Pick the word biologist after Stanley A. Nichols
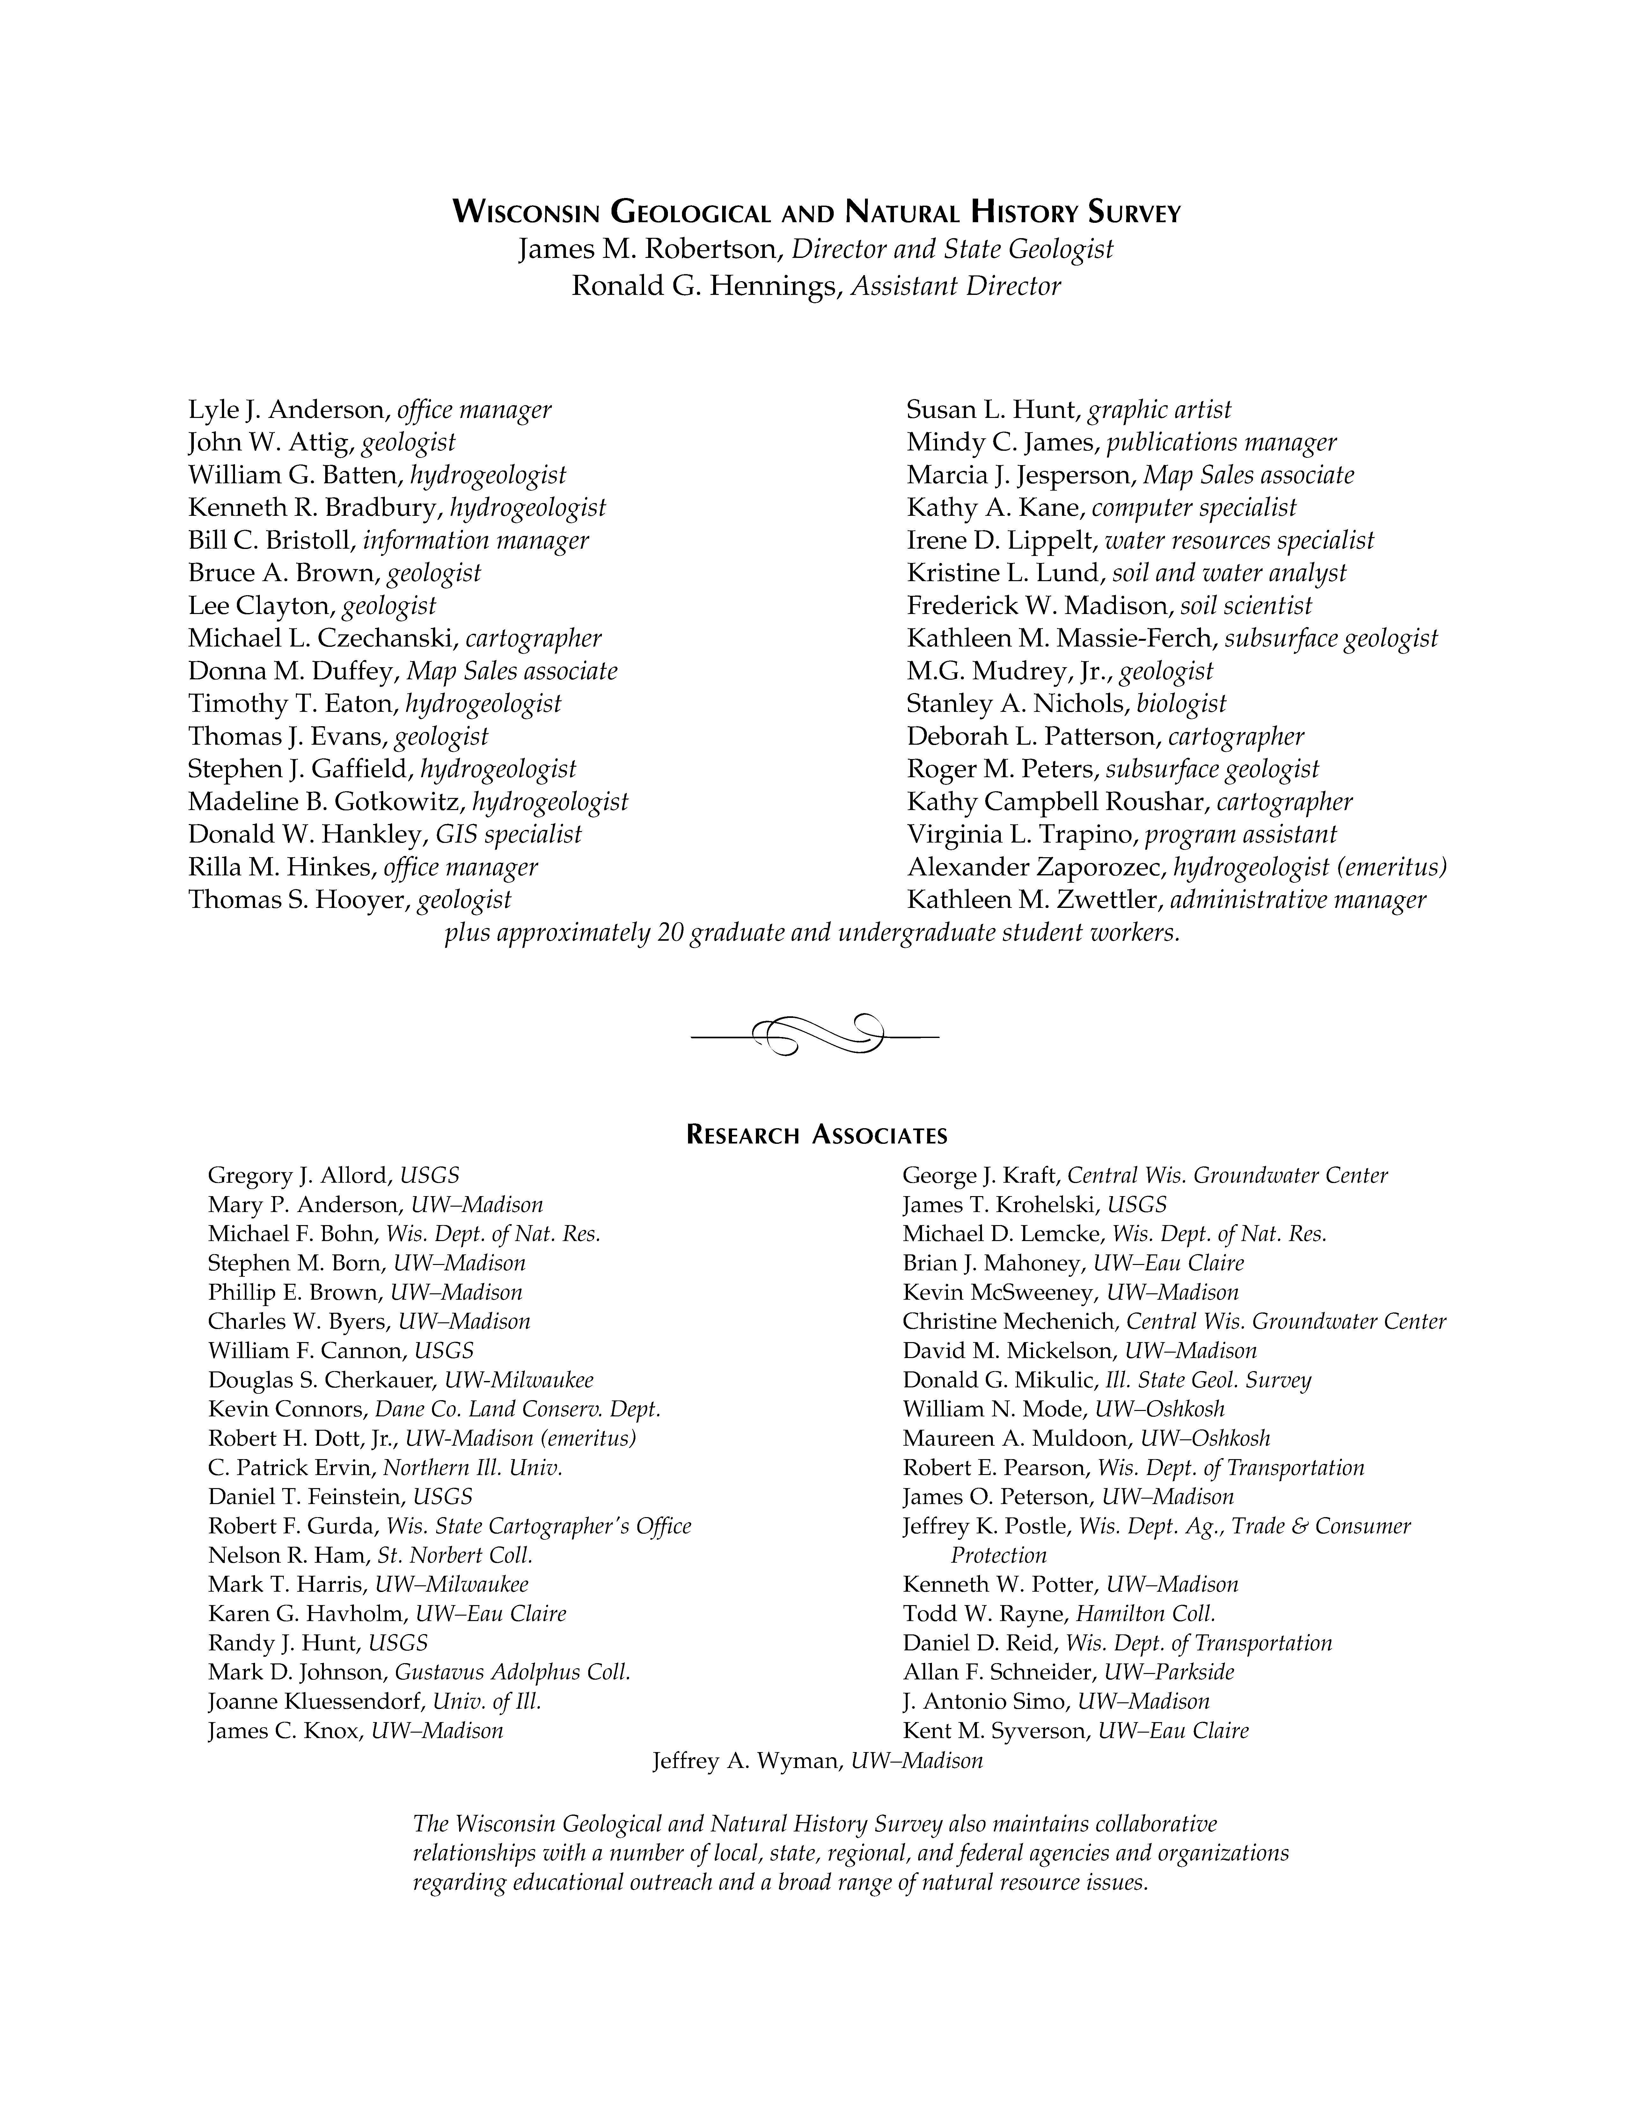point(1181,704)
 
